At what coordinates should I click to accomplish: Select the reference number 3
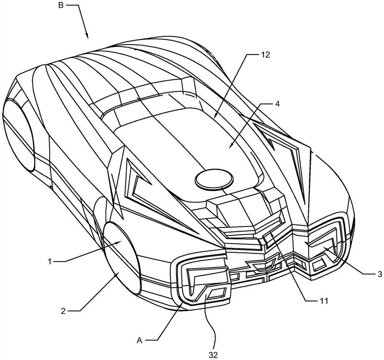pos(379,274)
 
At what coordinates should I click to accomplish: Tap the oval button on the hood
pos(214,179)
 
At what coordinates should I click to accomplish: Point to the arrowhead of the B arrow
pos(88,37)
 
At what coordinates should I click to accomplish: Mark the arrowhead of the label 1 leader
pos(120,242)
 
